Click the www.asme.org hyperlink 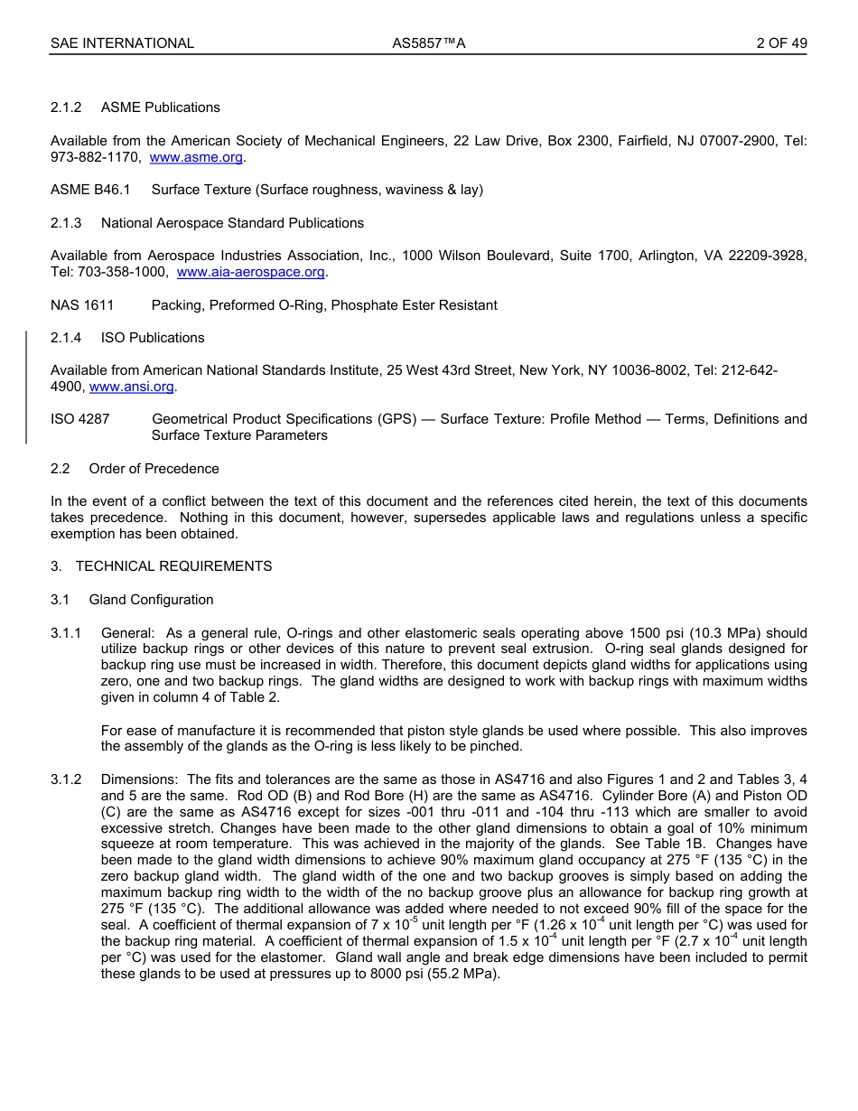click(x=196, y=157)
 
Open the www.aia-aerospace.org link click(x=250, y=272)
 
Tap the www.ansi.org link click(x=131, y=387)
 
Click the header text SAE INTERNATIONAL click(x=122, y=43)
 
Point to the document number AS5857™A click(x=428, y=43)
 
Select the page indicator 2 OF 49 click(x=781, y=43)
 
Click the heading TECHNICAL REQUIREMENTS click(x=173, y=566)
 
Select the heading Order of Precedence click(x=154, y=469)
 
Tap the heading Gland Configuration click(x=151, y=600)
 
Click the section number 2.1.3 click(x=66, y=223)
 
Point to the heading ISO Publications click(x=153, y=338)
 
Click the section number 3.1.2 click(x=66, y=780)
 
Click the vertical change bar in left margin click(x=26, y=387)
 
